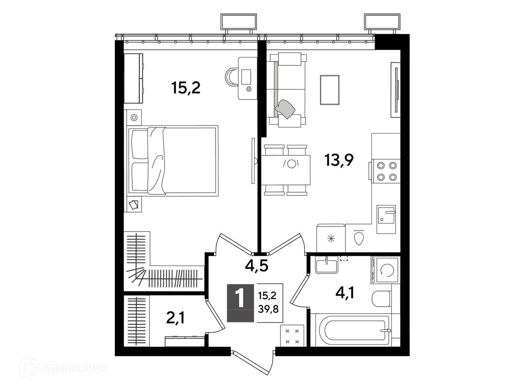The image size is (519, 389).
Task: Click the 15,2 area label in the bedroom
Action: (x=186, y=88)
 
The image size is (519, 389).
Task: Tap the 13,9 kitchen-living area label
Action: (x=339, y=160)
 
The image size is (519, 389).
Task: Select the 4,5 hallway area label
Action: (x=257, y=266)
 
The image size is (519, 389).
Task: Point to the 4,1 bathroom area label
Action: (x=345, y=294)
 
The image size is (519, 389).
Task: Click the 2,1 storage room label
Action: (x=175, y=318)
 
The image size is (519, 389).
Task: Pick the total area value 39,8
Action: (x=268, y=309)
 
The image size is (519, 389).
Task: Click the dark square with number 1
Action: (x=240, y=303)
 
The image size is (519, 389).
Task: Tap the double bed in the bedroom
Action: (x=172, y=161)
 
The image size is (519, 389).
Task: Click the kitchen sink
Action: (x=386, y=219)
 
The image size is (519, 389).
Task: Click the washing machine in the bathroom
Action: (x=385, y=270)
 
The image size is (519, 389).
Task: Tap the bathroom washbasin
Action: (x=327, y=266)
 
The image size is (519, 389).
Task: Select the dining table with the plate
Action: (x=285, y=170)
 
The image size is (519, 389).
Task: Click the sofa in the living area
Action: (x=287, y=90)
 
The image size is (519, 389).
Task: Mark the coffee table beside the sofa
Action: (x=330, y=90)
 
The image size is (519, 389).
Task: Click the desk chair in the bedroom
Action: (x=231, y=77)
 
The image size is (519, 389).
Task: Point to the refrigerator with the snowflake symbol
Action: (x=331, y=238)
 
